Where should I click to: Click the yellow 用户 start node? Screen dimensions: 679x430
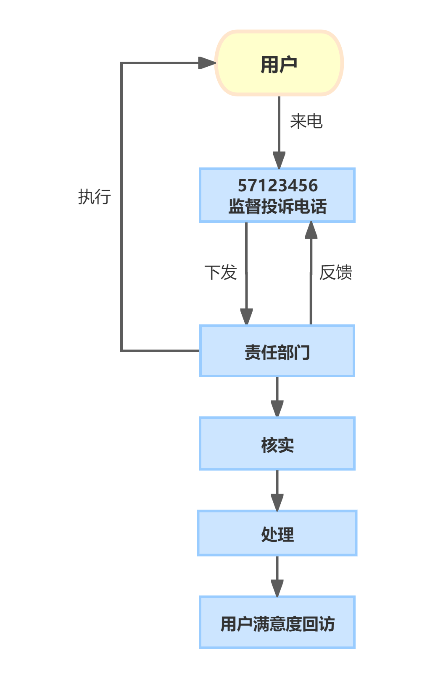tap(279, 63)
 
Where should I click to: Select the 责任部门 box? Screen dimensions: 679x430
tap(277, 351)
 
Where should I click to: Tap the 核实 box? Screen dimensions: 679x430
tap(277, 444)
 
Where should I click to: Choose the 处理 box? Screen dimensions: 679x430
tap(277, 533)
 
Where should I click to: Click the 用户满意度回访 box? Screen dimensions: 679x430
tap(277, 622)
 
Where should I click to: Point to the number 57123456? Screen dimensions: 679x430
tap(278, 185)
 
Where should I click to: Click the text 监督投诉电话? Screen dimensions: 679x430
tap(277, 206)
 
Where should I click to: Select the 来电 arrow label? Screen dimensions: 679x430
tap(306, 122)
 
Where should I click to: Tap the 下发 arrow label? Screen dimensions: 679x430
tap(221, 272)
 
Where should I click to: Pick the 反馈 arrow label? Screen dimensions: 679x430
tap(335, 272)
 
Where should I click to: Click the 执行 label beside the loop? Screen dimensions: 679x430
tap(95, 196)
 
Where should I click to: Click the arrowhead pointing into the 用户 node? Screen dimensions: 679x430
tap(207, 63)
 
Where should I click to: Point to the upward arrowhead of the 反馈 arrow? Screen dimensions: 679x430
tap(311, 230)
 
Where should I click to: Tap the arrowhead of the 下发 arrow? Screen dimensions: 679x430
tap(246, 316)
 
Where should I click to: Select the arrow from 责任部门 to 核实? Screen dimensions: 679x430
tap(277, 397)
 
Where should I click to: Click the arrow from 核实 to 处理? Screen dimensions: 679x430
tap(277, 490)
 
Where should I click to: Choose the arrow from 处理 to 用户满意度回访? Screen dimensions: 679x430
tap(277, 576)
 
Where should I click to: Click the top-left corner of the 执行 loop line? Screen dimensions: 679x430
tap(121, 63)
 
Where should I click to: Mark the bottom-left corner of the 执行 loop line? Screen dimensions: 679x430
tap(121, 350)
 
